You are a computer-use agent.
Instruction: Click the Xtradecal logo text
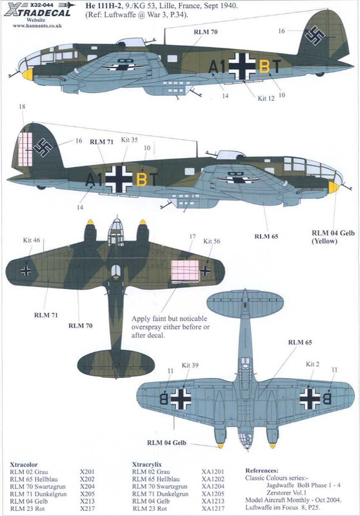tap(39, 12)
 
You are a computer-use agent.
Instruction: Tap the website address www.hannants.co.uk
tap(37, 25)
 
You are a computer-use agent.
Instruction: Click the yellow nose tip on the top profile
tap(28, 74)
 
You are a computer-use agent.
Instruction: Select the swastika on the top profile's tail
tap(314, 35)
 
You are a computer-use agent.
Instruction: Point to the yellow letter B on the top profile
tap(265, 67)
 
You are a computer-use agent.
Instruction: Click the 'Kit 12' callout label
tap(266, 98)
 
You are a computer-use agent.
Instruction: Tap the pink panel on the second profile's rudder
tap(25, 149)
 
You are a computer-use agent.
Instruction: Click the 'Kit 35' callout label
tap(129, 140)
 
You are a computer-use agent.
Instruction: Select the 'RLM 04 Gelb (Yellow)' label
tap(333, 237)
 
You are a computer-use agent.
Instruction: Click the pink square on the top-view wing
tap(185, 270)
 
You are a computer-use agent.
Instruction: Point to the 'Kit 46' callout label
tap(32, 240)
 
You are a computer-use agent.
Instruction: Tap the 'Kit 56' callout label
tap(212, 241)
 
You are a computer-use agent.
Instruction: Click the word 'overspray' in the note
tap(146, 328)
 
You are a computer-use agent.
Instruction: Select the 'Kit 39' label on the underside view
tap(190, 365)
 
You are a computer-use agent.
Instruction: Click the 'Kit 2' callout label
tap(313, 364)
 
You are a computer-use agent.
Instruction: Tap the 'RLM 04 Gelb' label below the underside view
tap(166, 442)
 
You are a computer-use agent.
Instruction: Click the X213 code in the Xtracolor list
tap(87, 501)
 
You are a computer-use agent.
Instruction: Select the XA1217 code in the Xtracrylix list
tap(213, 508)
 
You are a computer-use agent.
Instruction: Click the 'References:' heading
tap(262, 471)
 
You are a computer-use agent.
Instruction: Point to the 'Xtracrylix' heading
tap(146, 464)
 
